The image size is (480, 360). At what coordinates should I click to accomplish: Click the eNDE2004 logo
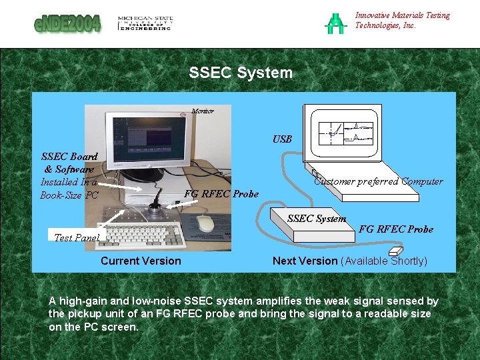(67, 23)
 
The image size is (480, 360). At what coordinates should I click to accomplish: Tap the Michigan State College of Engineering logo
(145, 23)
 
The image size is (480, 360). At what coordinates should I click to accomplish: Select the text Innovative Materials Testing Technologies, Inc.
(402, 20)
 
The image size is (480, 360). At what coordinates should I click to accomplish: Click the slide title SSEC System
(241, 73)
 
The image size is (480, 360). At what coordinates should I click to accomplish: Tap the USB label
(282, 139)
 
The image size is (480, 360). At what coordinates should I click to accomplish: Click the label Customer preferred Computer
(378, 181)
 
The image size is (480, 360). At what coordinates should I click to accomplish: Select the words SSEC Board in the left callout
(69, 157)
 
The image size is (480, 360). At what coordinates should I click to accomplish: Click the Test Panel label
(77, 237)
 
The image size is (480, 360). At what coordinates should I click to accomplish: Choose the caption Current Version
(141, 261)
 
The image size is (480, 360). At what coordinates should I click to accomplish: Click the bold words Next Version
(305, 261)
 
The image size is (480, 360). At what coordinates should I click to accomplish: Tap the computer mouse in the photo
(206, 223)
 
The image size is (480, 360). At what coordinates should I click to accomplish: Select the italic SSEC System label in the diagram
(317, 218)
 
